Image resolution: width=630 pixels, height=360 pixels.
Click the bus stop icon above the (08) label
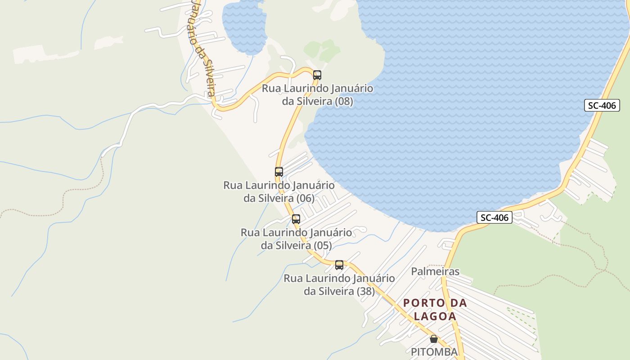317,75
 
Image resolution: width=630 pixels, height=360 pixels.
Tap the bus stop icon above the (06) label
279,172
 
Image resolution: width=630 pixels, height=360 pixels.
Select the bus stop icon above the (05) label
296,219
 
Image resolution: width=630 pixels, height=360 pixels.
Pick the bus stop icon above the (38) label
339,265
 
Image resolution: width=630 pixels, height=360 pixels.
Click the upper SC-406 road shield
602,106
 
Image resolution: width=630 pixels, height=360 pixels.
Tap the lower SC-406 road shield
495,218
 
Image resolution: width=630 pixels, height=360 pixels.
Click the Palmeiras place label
435,271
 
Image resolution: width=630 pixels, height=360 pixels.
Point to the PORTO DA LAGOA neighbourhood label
435,309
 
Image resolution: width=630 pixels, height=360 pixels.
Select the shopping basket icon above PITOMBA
434,339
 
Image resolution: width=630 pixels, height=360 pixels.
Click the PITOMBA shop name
434,351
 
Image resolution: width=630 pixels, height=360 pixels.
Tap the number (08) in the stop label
344,101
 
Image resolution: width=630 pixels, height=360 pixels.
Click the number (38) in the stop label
365,291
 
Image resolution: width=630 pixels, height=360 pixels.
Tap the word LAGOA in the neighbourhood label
435,316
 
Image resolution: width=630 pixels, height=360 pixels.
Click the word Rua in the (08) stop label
271,88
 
